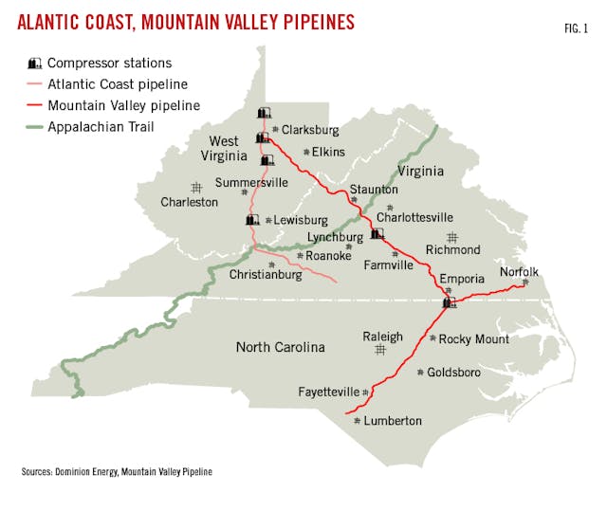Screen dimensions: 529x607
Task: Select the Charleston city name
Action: [x=189, y=202]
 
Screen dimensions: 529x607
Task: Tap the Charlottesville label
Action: [x=414, y=217]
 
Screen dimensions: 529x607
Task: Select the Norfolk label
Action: [x=519, y=271]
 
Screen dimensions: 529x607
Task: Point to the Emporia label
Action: [x=462, y=279]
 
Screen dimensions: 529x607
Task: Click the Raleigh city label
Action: [x=382, y=337]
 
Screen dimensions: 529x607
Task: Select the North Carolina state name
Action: [x=280, y=347]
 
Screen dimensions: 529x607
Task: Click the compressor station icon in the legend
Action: [x=35, y=64]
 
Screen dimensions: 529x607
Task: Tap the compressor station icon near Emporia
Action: [x=449, y=303]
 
